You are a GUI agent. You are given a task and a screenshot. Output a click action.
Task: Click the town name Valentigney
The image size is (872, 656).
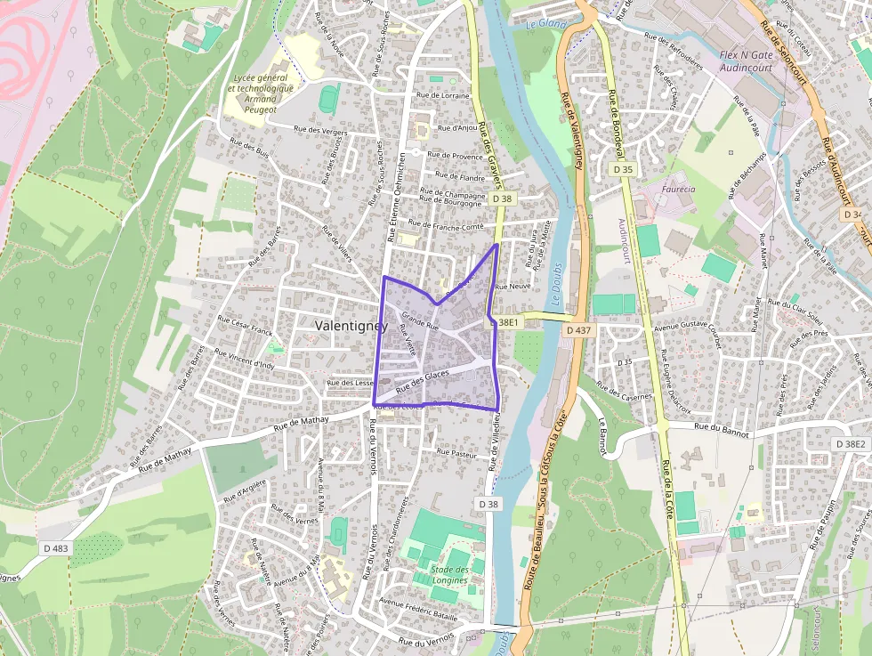coord(351,327)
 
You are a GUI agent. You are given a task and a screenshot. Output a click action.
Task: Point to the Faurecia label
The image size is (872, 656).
coord(679,189)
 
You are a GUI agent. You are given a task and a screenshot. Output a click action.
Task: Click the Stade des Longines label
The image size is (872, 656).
coord(449,575)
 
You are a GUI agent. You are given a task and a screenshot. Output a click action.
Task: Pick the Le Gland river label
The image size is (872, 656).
coord(545,24)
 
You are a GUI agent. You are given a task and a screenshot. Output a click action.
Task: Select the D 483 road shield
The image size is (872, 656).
coord(54,548)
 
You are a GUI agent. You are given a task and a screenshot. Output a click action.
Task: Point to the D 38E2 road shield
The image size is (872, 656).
coord(851,443)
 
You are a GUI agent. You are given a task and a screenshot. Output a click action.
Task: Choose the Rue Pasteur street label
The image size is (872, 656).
coord(457,452)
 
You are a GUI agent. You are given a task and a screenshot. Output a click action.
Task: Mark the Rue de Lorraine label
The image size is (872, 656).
coord(442,94)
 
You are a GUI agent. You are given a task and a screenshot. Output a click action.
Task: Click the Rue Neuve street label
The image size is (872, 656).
coord(513,288)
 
